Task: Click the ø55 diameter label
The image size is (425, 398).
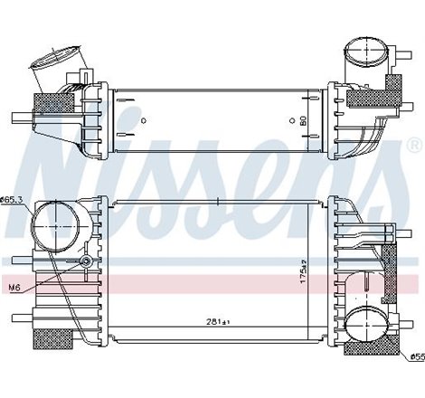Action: [x=414, y=356]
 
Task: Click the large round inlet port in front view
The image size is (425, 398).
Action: [x=52, y=223]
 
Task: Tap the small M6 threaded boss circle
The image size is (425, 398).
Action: [x=86, y=262]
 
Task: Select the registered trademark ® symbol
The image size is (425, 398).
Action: [x=413, y=144]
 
